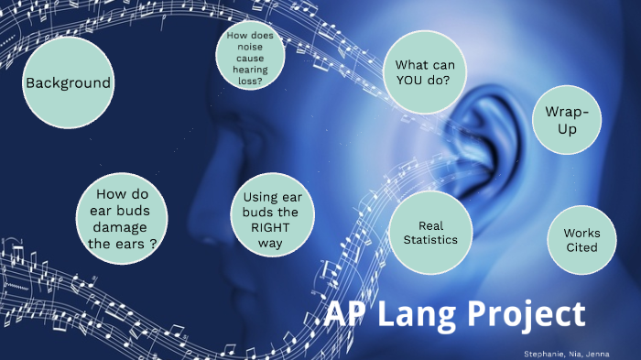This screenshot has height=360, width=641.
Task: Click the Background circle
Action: coord(68,83)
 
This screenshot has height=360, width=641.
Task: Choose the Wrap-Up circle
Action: coord(567,121)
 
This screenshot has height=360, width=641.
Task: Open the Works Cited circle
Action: coord(581,241)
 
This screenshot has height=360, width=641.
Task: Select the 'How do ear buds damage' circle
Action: coord(125,219)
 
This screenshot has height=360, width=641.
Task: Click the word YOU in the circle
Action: coord(410,81)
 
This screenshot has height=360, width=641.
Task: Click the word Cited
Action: coord(581,247)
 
